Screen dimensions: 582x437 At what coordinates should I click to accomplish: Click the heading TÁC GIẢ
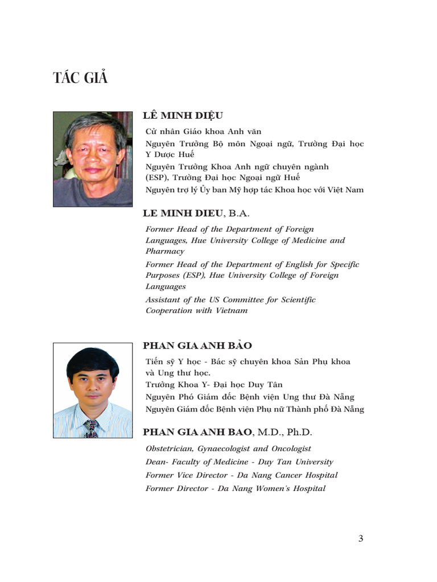click(80, 78)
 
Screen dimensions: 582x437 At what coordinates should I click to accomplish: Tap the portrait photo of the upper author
click(93, 159)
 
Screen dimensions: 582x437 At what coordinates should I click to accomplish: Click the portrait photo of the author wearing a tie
click(93, 390)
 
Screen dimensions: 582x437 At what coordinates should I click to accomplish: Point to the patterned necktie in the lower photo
click(91, 428)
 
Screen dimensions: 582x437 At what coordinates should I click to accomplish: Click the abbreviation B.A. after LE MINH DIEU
click(239, 214)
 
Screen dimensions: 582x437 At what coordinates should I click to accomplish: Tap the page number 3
click(361, 539)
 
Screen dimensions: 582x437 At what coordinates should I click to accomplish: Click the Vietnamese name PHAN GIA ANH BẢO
click(197, 346)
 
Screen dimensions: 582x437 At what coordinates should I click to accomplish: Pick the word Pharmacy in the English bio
click(165, 251)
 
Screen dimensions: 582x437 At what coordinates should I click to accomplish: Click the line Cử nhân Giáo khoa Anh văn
click(203, 131)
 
